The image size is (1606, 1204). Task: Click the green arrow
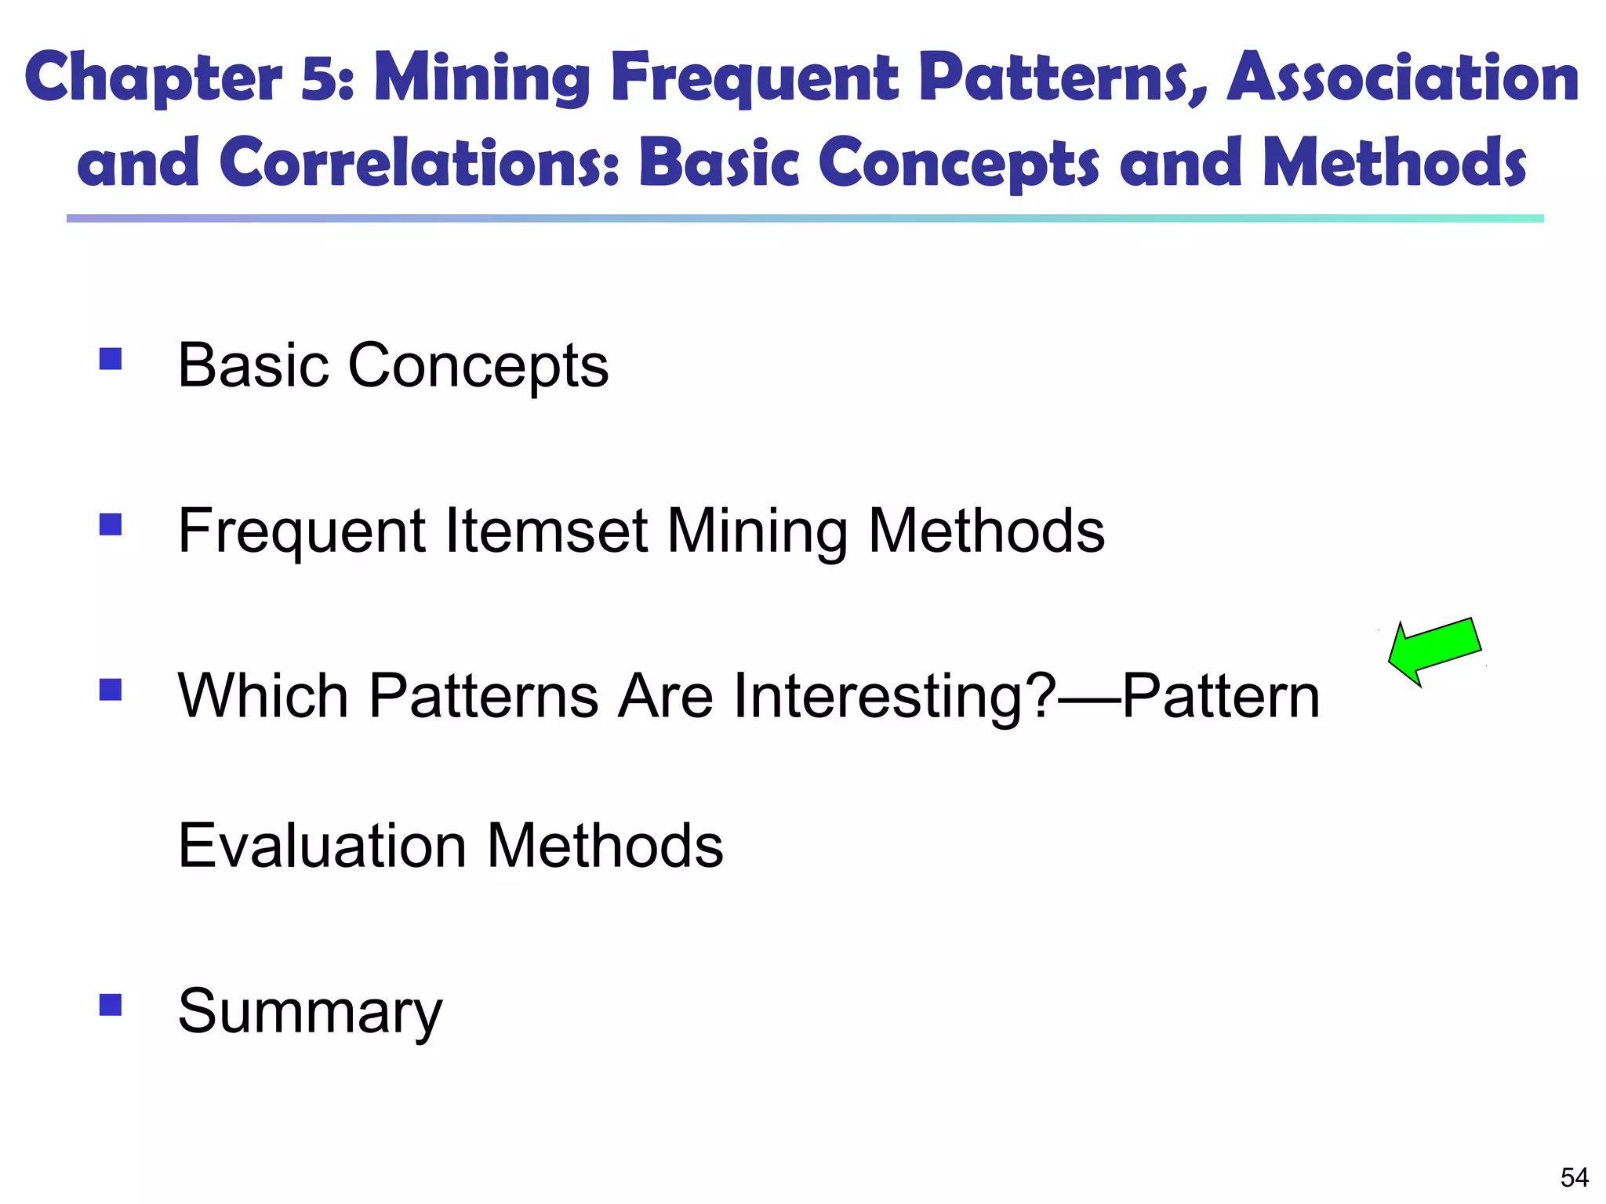(1434, 651)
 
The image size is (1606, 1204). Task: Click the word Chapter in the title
(153, 78)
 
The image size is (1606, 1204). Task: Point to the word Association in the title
(1403, 78)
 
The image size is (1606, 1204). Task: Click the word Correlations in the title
(420, 163)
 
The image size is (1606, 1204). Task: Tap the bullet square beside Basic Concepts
(111, 359)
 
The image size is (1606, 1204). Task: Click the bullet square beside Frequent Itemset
(111, 524)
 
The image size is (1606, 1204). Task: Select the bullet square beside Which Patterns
(111, 690)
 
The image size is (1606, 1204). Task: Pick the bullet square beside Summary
(111, 1005)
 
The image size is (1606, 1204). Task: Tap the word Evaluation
(322, 846)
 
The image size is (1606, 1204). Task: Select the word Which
(263, 696)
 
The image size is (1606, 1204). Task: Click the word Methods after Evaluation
(605, 846)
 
